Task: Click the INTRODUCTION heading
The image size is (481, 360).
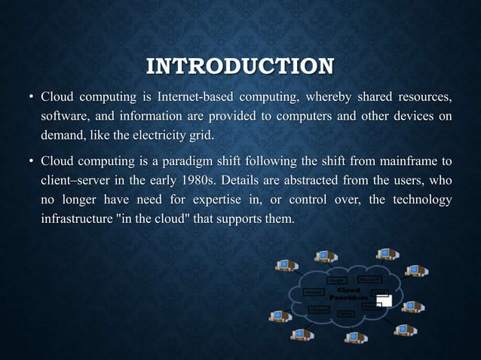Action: (x=240, y=66)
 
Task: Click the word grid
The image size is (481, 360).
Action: (x=201, y=136)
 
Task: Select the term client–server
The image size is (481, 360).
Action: (x=75, y=182)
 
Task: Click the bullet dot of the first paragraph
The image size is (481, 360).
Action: (x=29, y=98)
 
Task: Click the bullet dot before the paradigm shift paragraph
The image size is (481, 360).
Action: (x=29, y=162)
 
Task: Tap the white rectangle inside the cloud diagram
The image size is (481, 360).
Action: (x=384, y=301)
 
